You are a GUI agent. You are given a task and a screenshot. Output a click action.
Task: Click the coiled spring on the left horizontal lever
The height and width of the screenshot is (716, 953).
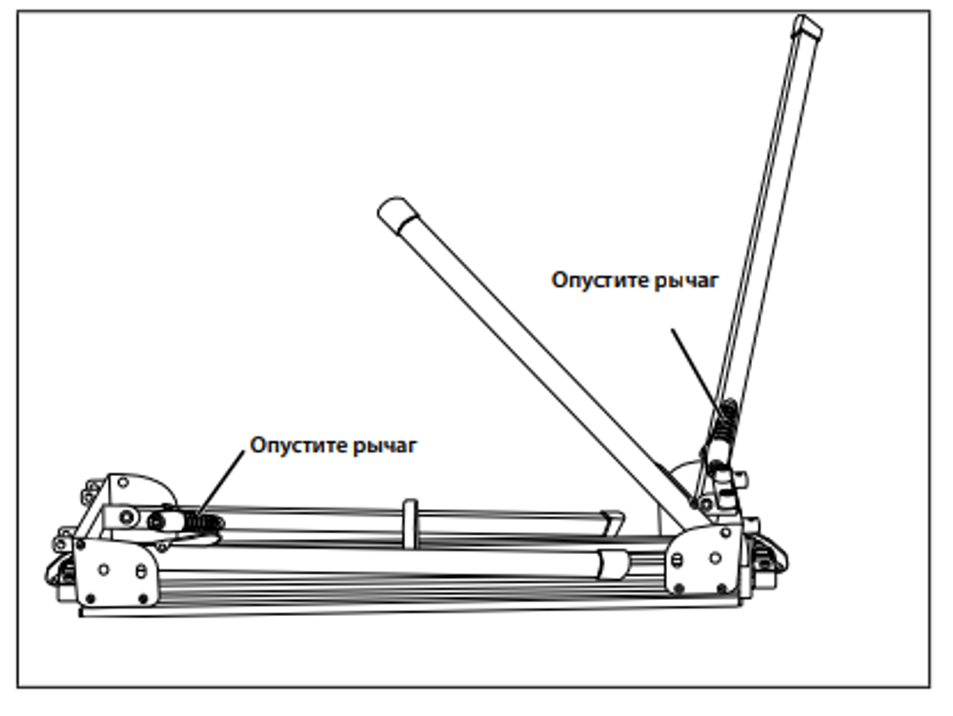point(203,522)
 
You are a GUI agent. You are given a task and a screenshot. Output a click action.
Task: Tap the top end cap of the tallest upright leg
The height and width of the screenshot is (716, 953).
point(808,28)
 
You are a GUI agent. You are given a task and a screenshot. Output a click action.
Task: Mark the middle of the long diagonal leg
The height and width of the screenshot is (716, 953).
point(534,362)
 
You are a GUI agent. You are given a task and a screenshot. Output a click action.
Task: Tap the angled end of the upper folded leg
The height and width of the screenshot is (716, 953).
point(614,520)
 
